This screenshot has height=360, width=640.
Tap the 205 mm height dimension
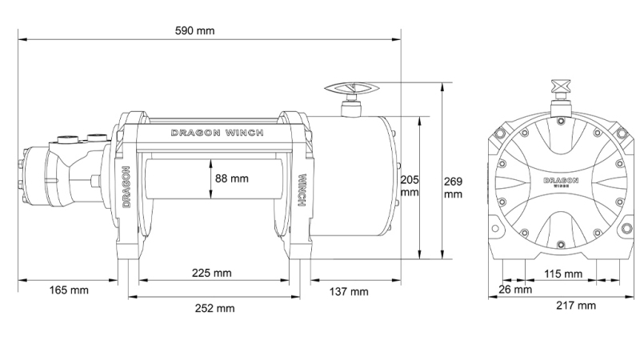tap(410, 186)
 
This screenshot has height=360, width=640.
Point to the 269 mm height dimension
tap(454, 186)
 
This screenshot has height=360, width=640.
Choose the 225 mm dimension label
tap(211, 273)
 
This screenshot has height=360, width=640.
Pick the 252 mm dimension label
tap(214, 308)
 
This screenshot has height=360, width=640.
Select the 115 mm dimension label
tap(562, 274)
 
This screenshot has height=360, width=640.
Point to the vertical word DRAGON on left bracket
tap(127, 187)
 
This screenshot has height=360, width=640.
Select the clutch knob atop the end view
tap(561, 90)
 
